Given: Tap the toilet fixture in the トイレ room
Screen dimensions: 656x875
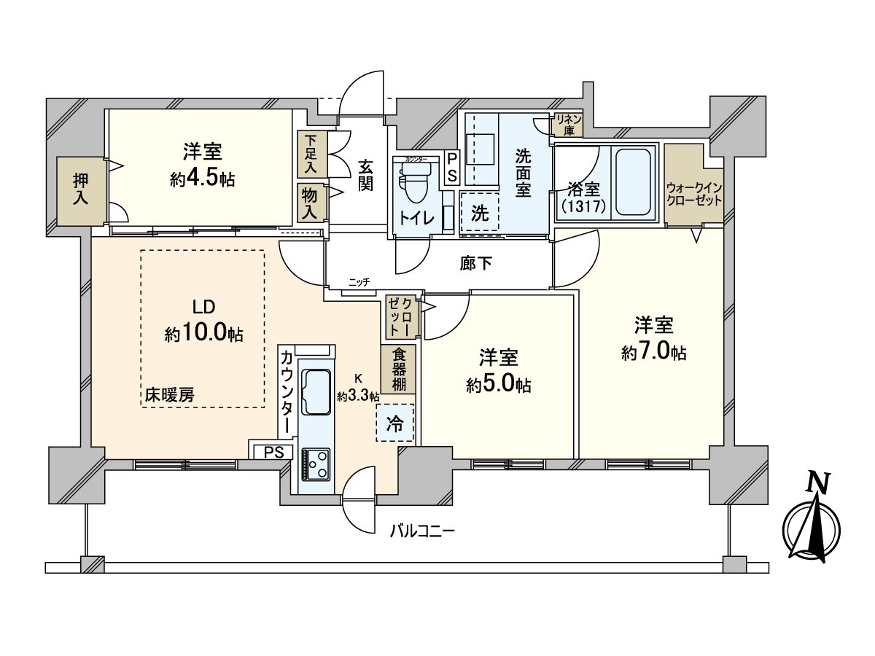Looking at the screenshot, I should point(415,182).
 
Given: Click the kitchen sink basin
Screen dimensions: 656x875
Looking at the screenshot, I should point(316,390).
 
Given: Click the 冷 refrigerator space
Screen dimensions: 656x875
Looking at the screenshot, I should point(394,423).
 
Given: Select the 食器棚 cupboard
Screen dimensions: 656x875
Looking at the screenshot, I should point(398,369).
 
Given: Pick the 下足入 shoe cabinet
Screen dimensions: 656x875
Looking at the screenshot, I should point(311,154).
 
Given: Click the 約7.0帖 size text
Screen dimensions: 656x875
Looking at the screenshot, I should point(653,353).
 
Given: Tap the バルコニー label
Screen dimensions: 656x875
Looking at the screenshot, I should point(421,530).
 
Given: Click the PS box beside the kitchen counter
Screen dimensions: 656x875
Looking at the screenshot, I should point(273,452).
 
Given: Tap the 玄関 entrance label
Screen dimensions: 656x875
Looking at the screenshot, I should point(365,175).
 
